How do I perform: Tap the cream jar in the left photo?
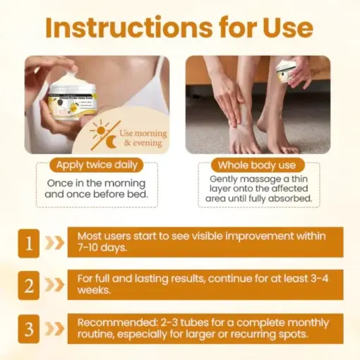(70, 96)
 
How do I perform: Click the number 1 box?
(29, 242)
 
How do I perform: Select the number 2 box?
(29, 285)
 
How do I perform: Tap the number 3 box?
(29, 329)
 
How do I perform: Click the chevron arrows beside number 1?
(54, 242)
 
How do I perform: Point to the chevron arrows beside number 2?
(54, 285)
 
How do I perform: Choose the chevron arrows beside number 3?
(54, 329)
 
